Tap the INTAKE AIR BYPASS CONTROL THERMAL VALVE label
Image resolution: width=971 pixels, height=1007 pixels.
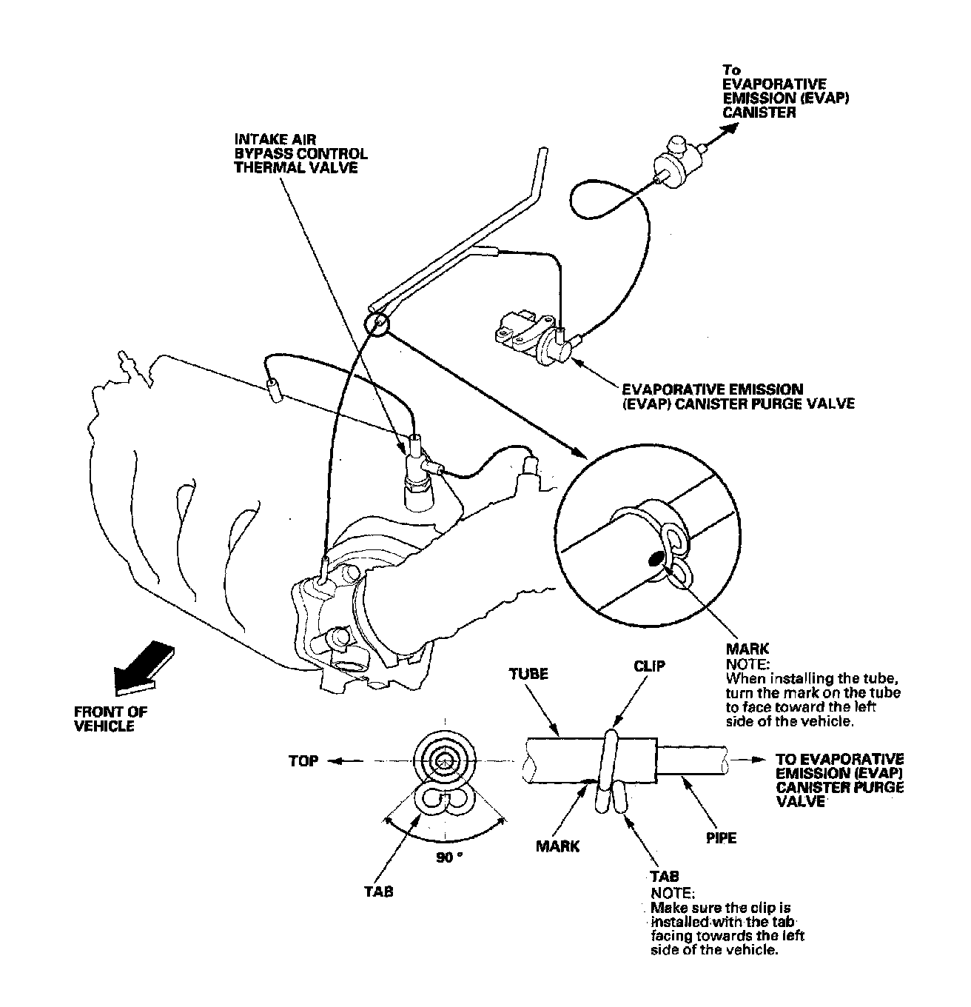tap(300, 153)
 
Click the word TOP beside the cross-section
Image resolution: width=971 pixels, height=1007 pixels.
tap(303, 761)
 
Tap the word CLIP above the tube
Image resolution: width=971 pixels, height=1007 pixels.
tap(649, 666)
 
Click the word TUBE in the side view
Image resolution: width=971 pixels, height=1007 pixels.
tap(528, 674)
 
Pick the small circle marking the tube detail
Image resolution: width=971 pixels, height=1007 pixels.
tap(377, 324)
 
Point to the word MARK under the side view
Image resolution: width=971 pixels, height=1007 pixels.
tap(558, 846)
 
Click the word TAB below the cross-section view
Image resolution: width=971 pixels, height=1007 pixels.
tap(378, 891)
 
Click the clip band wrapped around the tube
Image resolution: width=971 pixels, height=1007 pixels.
tap(611, 763)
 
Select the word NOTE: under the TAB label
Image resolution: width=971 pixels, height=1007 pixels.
tap(673, 892)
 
